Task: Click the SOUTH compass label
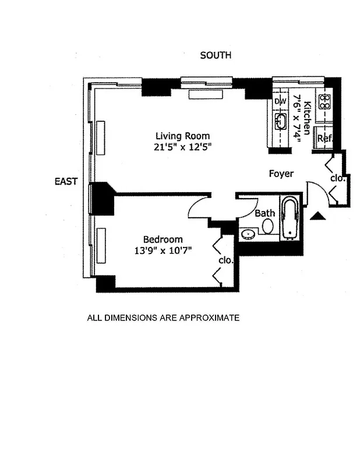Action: tap(216, 55)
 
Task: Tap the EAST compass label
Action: tap(66, 182)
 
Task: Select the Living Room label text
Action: tap(182, 136)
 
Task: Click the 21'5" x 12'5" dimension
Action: tap(182, 147)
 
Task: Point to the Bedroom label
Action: tap(163, 239)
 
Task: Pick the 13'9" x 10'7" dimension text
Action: tap(163, 250)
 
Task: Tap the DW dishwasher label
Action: tap(281, 101)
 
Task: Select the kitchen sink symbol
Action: tap(281, 122)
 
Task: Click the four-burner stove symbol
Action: tap(324, 103)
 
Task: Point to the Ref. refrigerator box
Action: tap(324, 139)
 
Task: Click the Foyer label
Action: tap(281, 174)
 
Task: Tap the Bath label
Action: tap(264, 213)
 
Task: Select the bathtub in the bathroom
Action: tap(290, 219)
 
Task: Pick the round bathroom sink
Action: tap(248, 235)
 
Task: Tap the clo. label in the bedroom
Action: tap(225, 260)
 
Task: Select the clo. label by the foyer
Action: tap(338, 178)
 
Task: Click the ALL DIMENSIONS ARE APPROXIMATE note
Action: tap(163, 318)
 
